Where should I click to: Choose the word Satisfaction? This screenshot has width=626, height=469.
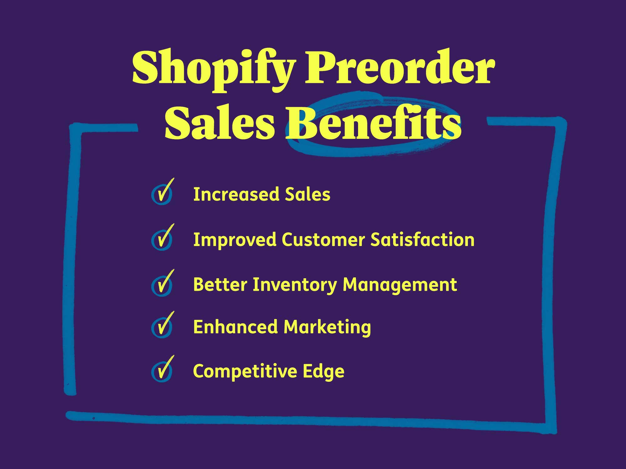[422, 240]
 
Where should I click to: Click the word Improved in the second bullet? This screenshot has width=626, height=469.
[235, 240]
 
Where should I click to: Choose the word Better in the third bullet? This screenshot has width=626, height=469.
[220, 285]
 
